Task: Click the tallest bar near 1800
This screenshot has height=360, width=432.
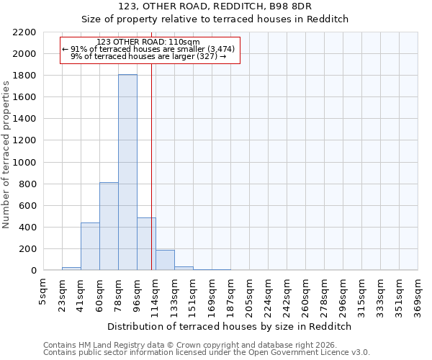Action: pos(127,173)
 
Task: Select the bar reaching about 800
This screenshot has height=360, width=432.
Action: pos(109,226)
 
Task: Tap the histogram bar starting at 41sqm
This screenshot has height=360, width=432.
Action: pos(90,246)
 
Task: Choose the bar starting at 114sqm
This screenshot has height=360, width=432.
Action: pos(165,260)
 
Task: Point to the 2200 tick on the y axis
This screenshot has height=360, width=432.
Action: pos(23,32)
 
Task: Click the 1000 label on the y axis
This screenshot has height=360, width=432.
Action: pos(23,163)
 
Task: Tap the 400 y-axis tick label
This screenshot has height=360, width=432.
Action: pos(26,228)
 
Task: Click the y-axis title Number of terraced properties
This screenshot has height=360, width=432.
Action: pos(6,154)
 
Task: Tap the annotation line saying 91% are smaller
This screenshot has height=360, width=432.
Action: pos(149,49)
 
